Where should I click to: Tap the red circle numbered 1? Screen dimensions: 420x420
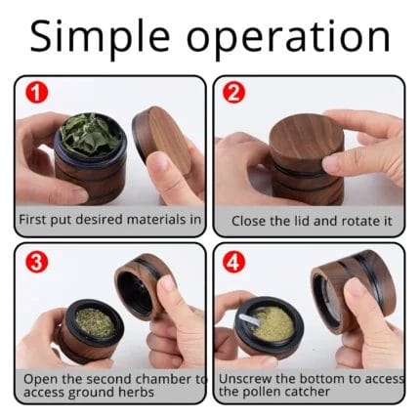36,93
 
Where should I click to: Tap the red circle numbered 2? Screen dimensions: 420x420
233,93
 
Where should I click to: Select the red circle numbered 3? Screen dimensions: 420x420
36,262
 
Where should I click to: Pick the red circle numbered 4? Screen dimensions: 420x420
233,262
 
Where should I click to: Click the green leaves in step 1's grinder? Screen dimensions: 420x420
90,136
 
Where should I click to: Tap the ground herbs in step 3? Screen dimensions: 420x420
95,322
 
